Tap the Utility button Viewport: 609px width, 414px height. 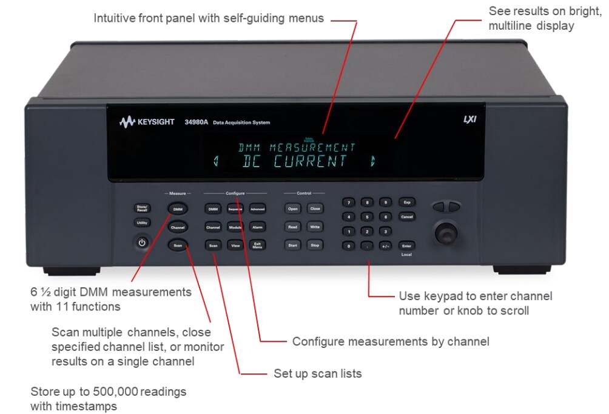point(141,222)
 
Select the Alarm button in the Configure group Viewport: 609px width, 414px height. point(257,227)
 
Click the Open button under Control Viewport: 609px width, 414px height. point(293,209)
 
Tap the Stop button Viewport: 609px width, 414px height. point(315,245)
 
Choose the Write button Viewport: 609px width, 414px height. point(315,227)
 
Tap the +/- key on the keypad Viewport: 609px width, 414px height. point(385,246)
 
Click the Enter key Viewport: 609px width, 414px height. point(406,245)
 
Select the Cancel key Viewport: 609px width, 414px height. point(406,216)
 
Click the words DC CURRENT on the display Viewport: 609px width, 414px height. point(295,162)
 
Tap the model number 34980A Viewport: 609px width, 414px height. point(197,122)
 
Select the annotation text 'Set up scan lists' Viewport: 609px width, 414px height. point(317,373)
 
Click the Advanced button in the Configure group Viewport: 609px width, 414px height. point(257,209)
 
